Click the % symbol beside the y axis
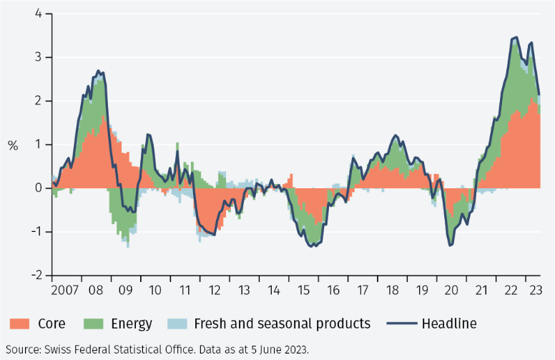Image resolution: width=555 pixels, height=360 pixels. click(13, 145)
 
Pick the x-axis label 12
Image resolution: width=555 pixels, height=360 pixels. click(214, 291)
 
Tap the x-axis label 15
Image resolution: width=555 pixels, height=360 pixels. click(303, 291)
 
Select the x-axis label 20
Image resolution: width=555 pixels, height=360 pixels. click(451, 291)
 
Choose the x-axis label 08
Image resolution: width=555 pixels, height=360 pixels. click(96, 291)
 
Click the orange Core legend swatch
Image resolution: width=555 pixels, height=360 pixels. click(19, 324)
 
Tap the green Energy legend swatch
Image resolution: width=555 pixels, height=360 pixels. click(93, 324)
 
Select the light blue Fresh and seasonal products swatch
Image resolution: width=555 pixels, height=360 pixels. click(177, 324)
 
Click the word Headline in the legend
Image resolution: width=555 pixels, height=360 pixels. click(449, 324)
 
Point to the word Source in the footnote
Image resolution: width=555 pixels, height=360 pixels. click(22, 349)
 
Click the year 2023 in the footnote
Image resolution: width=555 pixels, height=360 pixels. click(294, 349)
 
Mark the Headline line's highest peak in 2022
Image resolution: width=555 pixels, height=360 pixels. click(516, 37)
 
